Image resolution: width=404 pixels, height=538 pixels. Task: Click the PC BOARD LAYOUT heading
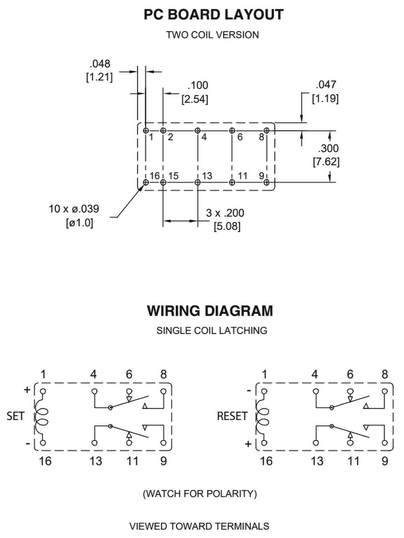coord(213,15)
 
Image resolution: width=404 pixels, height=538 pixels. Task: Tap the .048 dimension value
coord(100,64)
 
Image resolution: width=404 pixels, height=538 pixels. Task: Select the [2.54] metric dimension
coord(195,99)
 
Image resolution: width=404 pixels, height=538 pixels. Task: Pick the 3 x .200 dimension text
coord(225,213)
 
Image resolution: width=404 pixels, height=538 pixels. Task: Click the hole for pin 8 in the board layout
coord(267,130)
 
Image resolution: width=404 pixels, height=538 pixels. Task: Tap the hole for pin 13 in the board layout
coord(197,182)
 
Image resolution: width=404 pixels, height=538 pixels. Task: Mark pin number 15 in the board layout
coord(173,175)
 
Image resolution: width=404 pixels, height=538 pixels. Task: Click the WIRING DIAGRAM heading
coord(209,311)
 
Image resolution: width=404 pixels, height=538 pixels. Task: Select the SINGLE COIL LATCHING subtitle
coord(211,331)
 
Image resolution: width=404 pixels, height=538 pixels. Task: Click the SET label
coord(16,416)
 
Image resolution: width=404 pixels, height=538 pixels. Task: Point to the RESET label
coord(232,416)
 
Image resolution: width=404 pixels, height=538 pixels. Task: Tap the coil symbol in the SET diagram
coord(41,417)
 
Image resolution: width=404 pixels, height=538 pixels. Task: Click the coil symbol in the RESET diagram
coord(263,417)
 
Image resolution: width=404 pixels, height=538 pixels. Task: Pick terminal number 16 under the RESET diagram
coord(266,461)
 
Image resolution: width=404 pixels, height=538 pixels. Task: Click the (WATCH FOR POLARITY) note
coord(199,494)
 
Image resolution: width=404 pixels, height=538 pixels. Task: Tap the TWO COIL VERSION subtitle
coord(212,35)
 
